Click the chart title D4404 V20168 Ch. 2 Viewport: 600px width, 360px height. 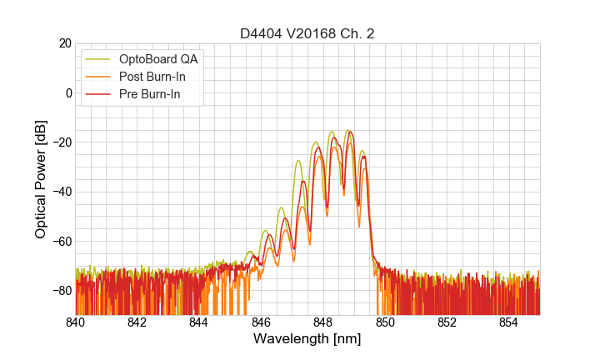pos(307,33)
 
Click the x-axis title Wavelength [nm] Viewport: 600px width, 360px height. pos(307,339)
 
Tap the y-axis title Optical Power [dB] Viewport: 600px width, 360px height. pos(41,179)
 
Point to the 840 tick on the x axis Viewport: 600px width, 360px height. pos(76,322)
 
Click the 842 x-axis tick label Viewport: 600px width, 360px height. pos(137,322)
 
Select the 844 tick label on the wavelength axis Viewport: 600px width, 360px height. pos(199,322)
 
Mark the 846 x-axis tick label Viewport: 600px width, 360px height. pos(261,322)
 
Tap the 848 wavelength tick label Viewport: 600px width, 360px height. pos(322,322)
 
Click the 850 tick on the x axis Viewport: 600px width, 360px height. pos(385,322)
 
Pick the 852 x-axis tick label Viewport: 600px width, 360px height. pos(447,322)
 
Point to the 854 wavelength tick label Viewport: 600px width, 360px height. pos(508,322)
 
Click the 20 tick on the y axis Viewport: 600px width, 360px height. pos(64,43)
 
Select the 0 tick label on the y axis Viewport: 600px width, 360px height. pos(67,92)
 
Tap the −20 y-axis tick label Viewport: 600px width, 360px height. pos(60,142)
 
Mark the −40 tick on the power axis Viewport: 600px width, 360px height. pos(60,192)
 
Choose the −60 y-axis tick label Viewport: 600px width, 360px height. pos(60,242)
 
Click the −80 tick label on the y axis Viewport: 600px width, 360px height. pos(60,291)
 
